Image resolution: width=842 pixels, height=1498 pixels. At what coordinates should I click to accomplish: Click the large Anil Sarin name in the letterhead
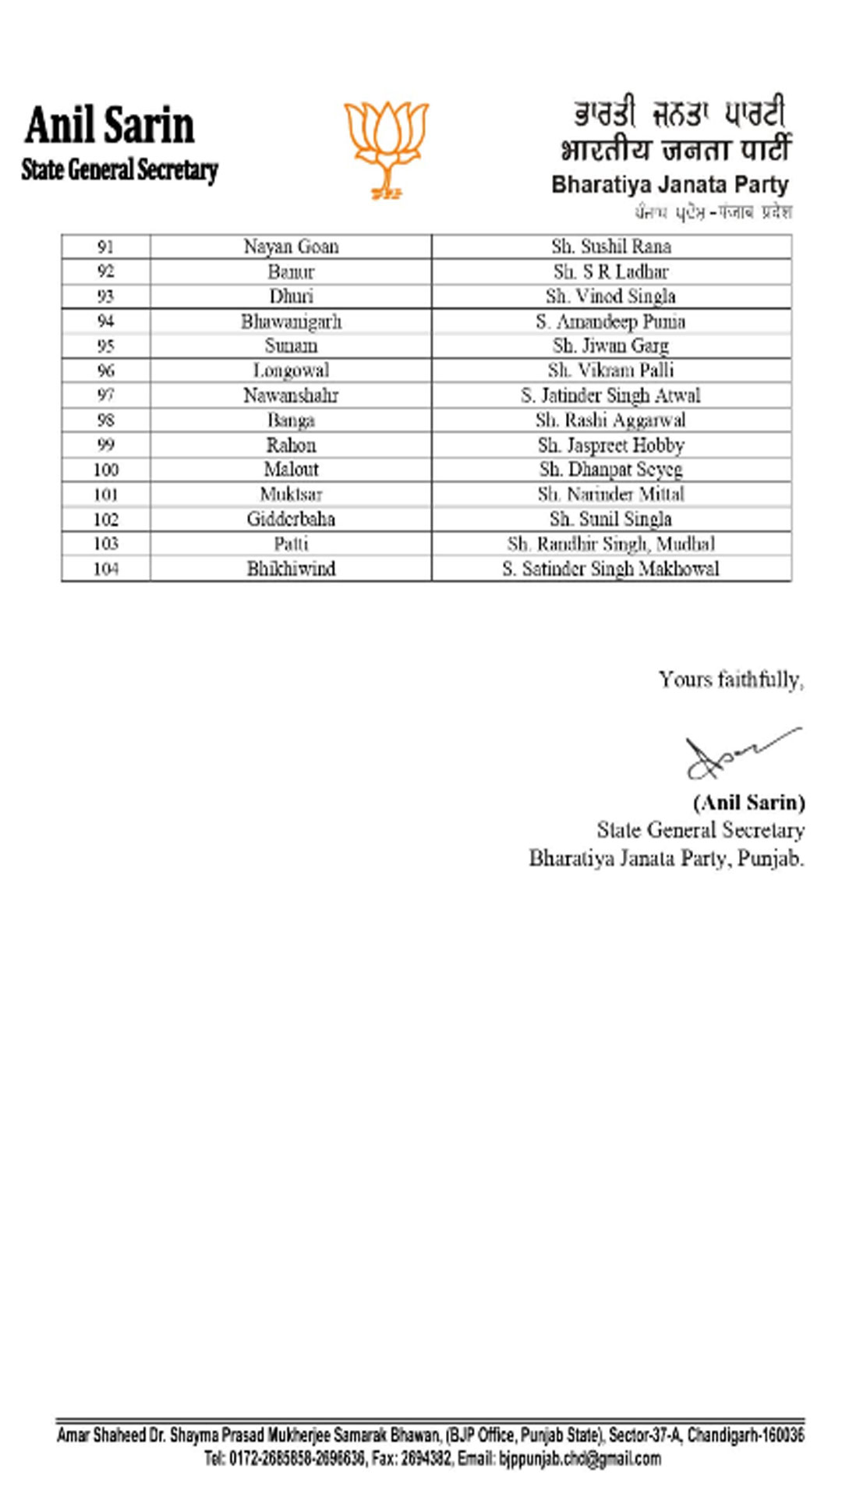[109, 126]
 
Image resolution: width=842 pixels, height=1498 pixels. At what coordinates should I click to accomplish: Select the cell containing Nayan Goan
[291, 247]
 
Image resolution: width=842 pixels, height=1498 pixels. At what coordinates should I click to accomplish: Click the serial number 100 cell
[106, 470]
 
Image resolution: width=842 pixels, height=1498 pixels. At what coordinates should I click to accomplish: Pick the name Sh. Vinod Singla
[610, 296]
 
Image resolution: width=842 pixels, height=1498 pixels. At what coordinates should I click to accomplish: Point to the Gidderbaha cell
[291, 519]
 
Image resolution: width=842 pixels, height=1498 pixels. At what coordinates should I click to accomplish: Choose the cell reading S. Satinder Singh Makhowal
[610, 569]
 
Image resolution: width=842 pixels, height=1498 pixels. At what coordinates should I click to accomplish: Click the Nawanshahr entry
[291, 396]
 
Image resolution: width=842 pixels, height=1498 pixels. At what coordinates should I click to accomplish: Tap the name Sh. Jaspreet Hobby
[610, 445]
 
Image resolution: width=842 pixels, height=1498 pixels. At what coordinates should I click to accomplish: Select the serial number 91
[106, 247]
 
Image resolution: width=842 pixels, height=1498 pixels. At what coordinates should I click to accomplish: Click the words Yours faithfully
[731, 680]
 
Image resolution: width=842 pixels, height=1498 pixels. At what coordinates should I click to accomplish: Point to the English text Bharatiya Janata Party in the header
[670, 185]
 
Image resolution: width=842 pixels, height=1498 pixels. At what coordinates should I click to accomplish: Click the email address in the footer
[579, 1458]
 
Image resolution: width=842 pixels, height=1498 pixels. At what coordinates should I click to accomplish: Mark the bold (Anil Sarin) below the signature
[748, 803]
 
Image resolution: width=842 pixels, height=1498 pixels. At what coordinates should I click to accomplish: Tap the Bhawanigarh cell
[291, 321]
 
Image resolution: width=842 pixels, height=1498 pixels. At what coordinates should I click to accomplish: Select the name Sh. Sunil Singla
[610, 519]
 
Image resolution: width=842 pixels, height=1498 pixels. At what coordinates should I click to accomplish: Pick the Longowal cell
[291, 371]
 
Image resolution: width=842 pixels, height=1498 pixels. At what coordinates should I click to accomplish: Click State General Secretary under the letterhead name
[119, 169]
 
